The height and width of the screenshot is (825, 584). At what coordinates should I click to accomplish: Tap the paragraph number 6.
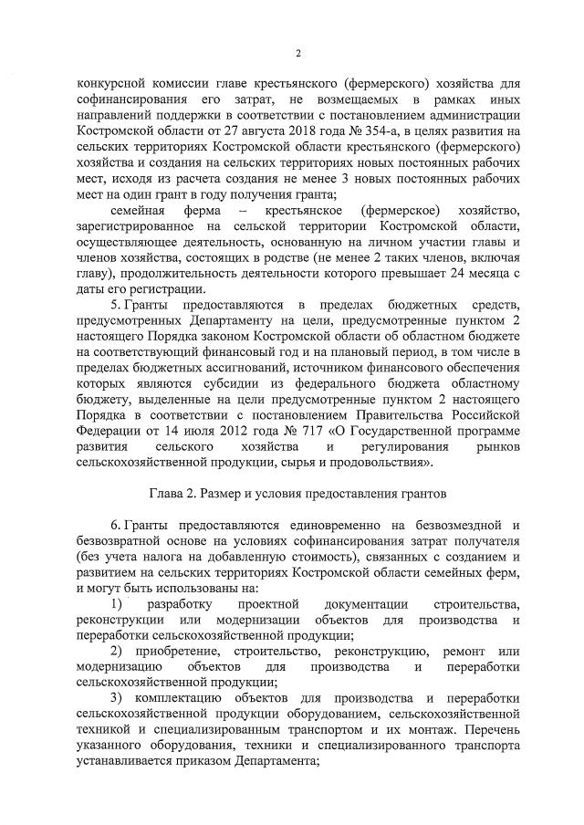pos(113,527)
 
